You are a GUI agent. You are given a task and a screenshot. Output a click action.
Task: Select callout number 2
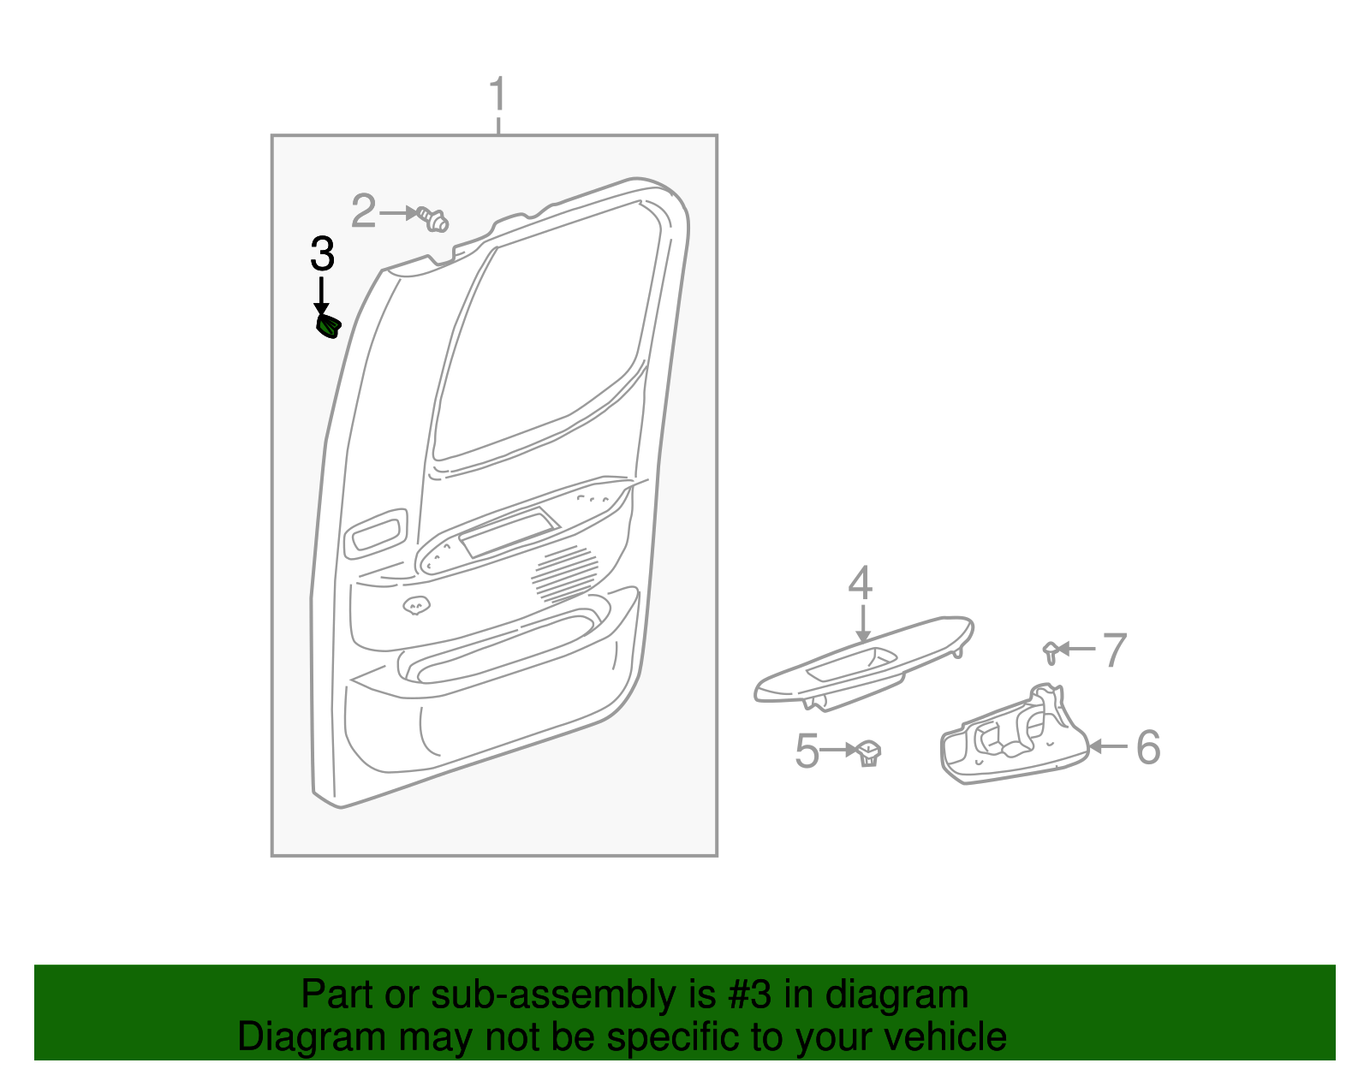[x=364, y=211]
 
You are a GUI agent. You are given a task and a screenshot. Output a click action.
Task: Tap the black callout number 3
[x=322, y=254]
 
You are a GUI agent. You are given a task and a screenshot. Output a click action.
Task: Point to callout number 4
[x=861, y=584]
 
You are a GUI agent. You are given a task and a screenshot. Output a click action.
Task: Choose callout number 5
[x=807, y=751]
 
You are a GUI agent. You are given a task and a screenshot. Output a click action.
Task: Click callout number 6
[x=1147, y=747]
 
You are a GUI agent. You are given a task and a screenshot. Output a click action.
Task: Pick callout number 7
[x=1114, y=650]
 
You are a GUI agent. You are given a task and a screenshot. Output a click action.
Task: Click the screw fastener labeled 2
[x=433, y=219]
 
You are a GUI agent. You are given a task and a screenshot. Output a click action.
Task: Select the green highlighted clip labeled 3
[x=329, y=326]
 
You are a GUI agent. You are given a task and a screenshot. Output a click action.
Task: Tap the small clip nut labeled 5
[x=870, y=753]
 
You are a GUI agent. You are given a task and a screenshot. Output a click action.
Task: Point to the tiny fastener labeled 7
[x=1050, y=651]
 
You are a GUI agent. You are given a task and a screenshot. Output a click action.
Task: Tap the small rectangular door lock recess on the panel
[x=375, y=534]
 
